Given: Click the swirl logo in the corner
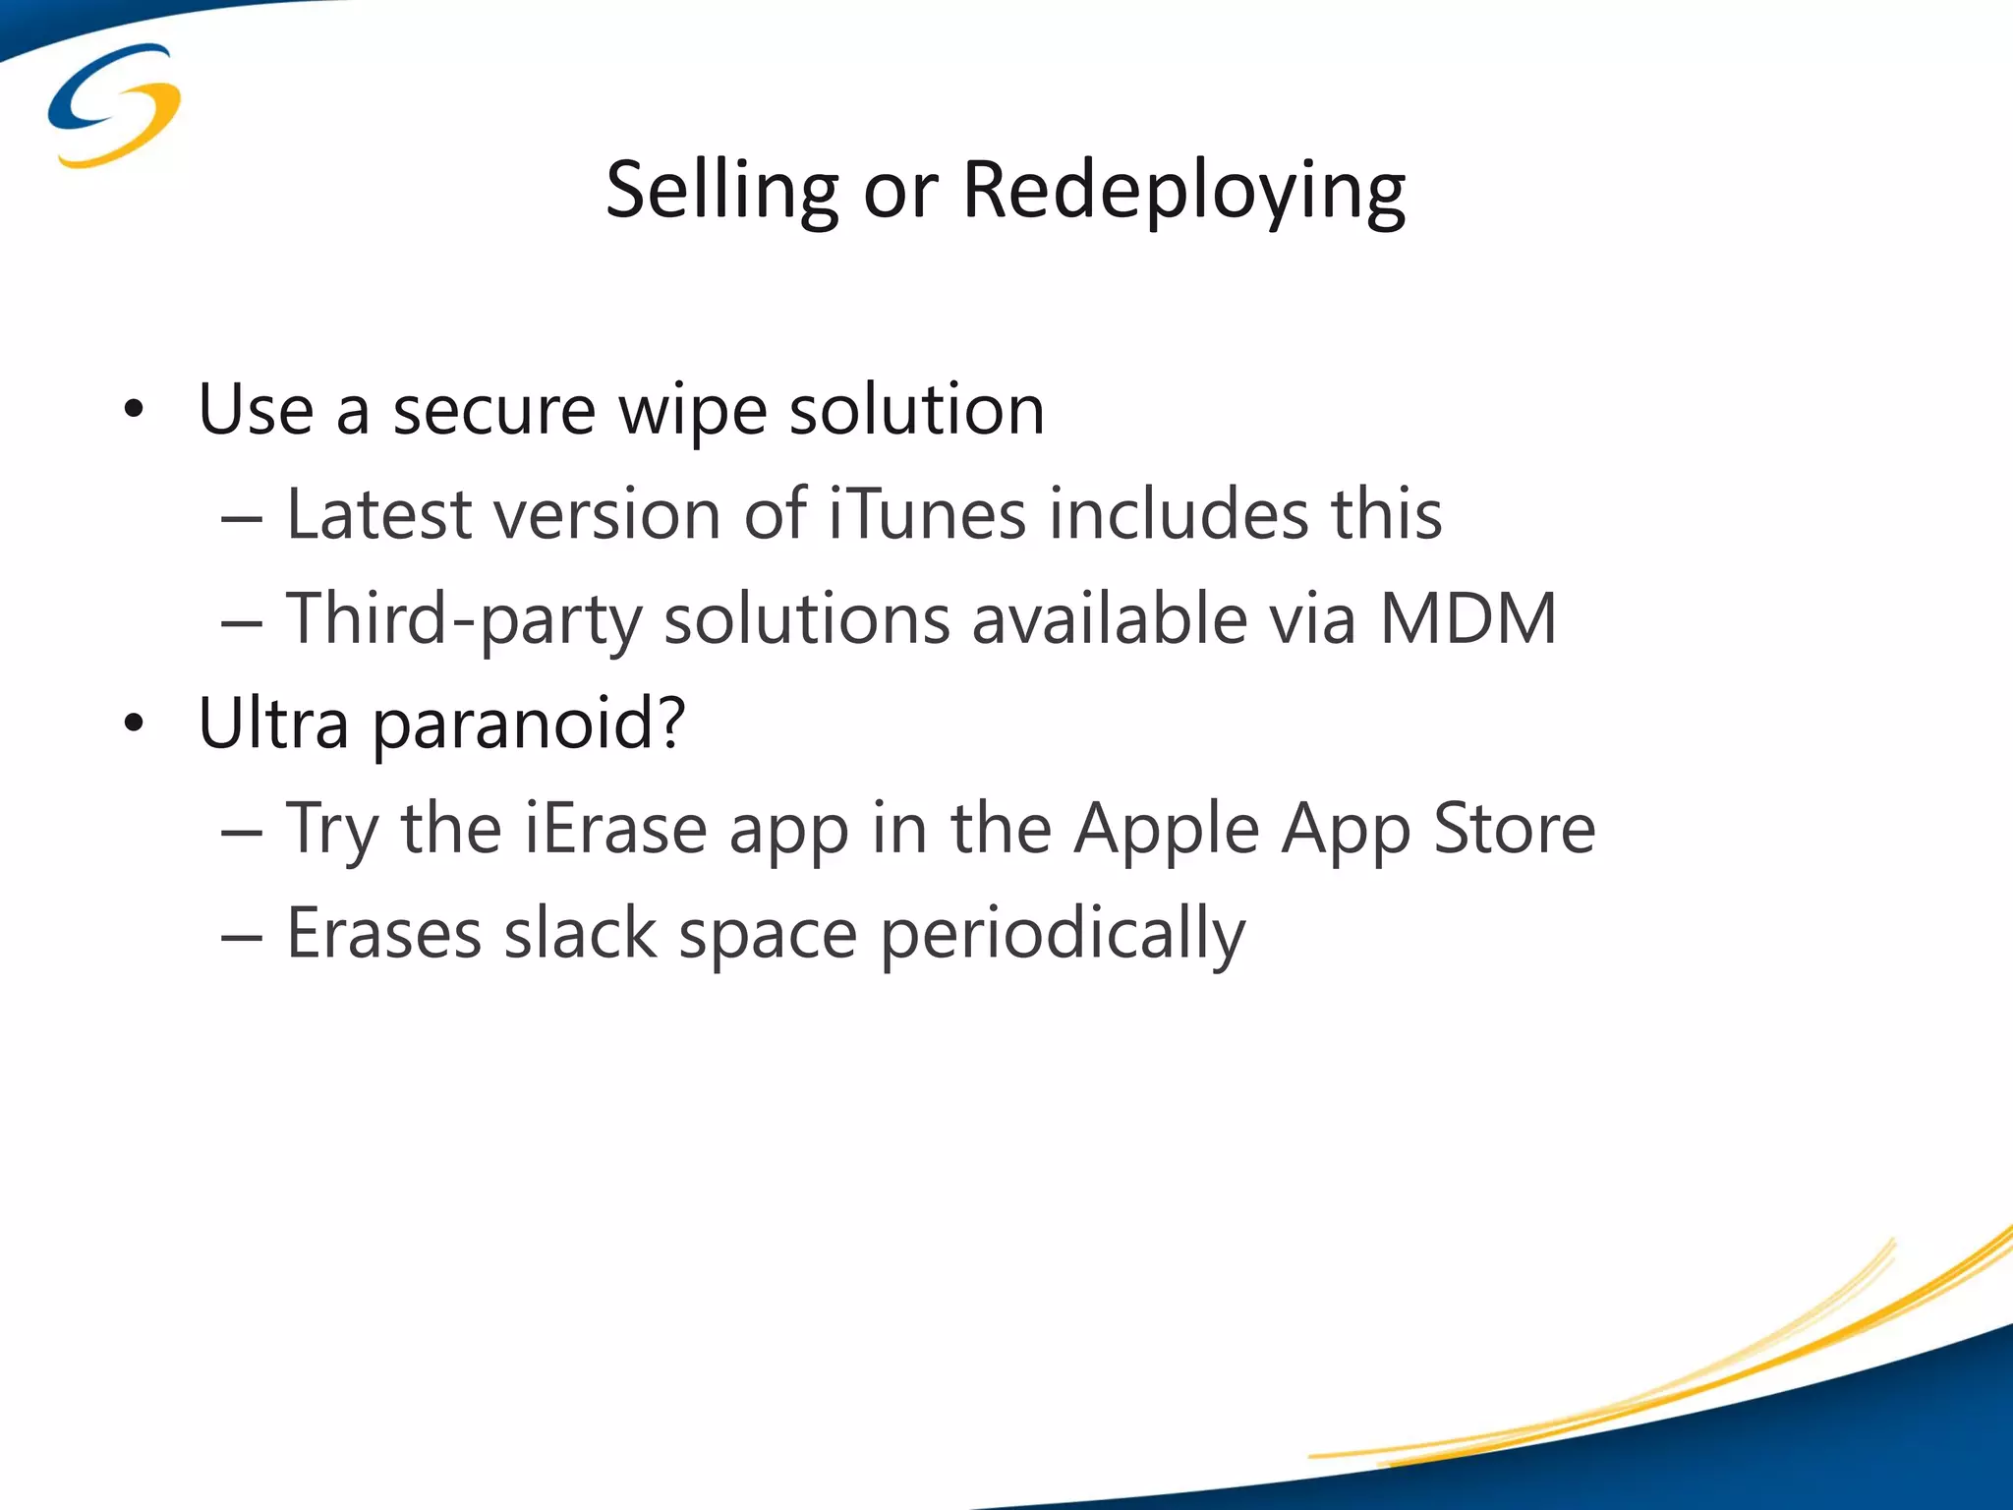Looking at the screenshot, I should point(114,104).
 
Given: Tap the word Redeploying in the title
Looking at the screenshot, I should point(1183,190).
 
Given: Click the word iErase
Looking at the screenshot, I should point(614,828).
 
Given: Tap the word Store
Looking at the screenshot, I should point(1514,828).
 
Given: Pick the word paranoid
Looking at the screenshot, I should point(529,724).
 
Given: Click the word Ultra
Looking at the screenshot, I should point(273,724).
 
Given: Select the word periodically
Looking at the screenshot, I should point(1062,933).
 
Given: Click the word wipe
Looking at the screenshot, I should point(692,410).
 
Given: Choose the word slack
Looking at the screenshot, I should point(580,933).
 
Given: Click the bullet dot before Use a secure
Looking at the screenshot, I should point(134,410).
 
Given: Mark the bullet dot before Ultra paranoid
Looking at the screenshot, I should point(134,725).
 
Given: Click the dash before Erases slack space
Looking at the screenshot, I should point(242,937).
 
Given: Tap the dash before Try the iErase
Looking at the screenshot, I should point(242,832).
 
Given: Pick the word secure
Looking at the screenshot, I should point(494,410).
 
